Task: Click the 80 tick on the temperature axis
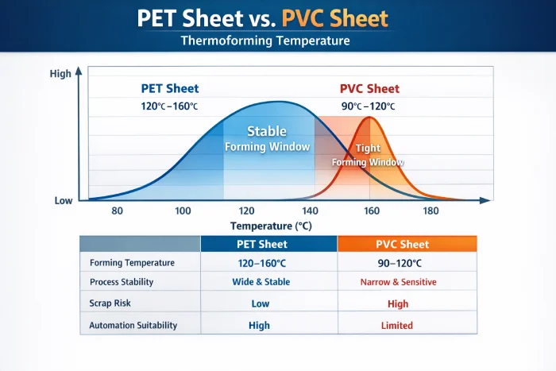click(x=118, y=211)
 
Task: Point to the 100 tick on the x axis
click(x=183, y=211)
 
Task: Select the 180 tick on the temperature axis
click(x=431, y=211)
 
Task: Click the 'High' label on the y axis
click(x=60, y=74)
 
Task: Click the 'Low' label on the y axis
click(x=64, y=200)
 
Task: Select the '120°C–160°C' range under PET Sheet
click(x=170, y=106)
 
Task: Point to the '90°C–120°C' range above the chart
click(x=368, y=106)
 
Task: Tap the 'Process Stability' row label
click(x=122, y=282)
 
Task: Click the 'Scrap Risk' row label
click(x=111, y=303)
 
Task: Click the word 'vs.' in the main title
click(x=267, y=18)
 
